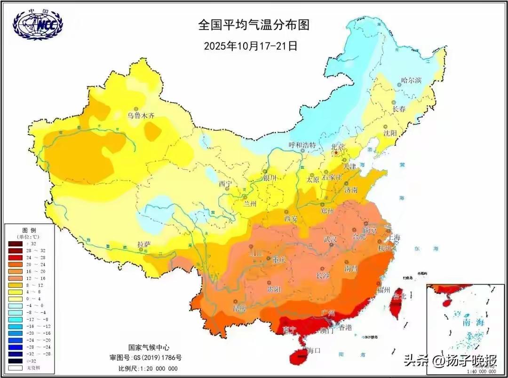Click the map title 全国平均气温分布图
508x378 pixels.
click(x=254, y=25)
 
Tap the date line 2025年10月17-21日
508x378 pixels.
click(x=251, y=46)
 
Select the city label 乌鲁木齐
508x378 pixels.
click(x=141, y=116)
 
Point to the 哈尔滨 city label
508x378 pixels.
click(x=411, y=80)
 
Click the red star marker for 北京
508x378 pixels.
click(x=336, y=153)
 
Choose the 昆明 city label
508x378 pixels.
click(x=239, y=308)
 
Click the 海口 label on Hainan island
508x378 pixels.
click(x=313, y=350)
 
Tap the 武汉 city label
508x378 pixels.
click(x=330, y=239)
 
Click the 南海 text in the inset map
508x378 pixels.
click(x=473, y=323)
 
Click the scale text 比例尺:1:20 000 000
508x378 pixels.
click(x=148, y=368)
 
